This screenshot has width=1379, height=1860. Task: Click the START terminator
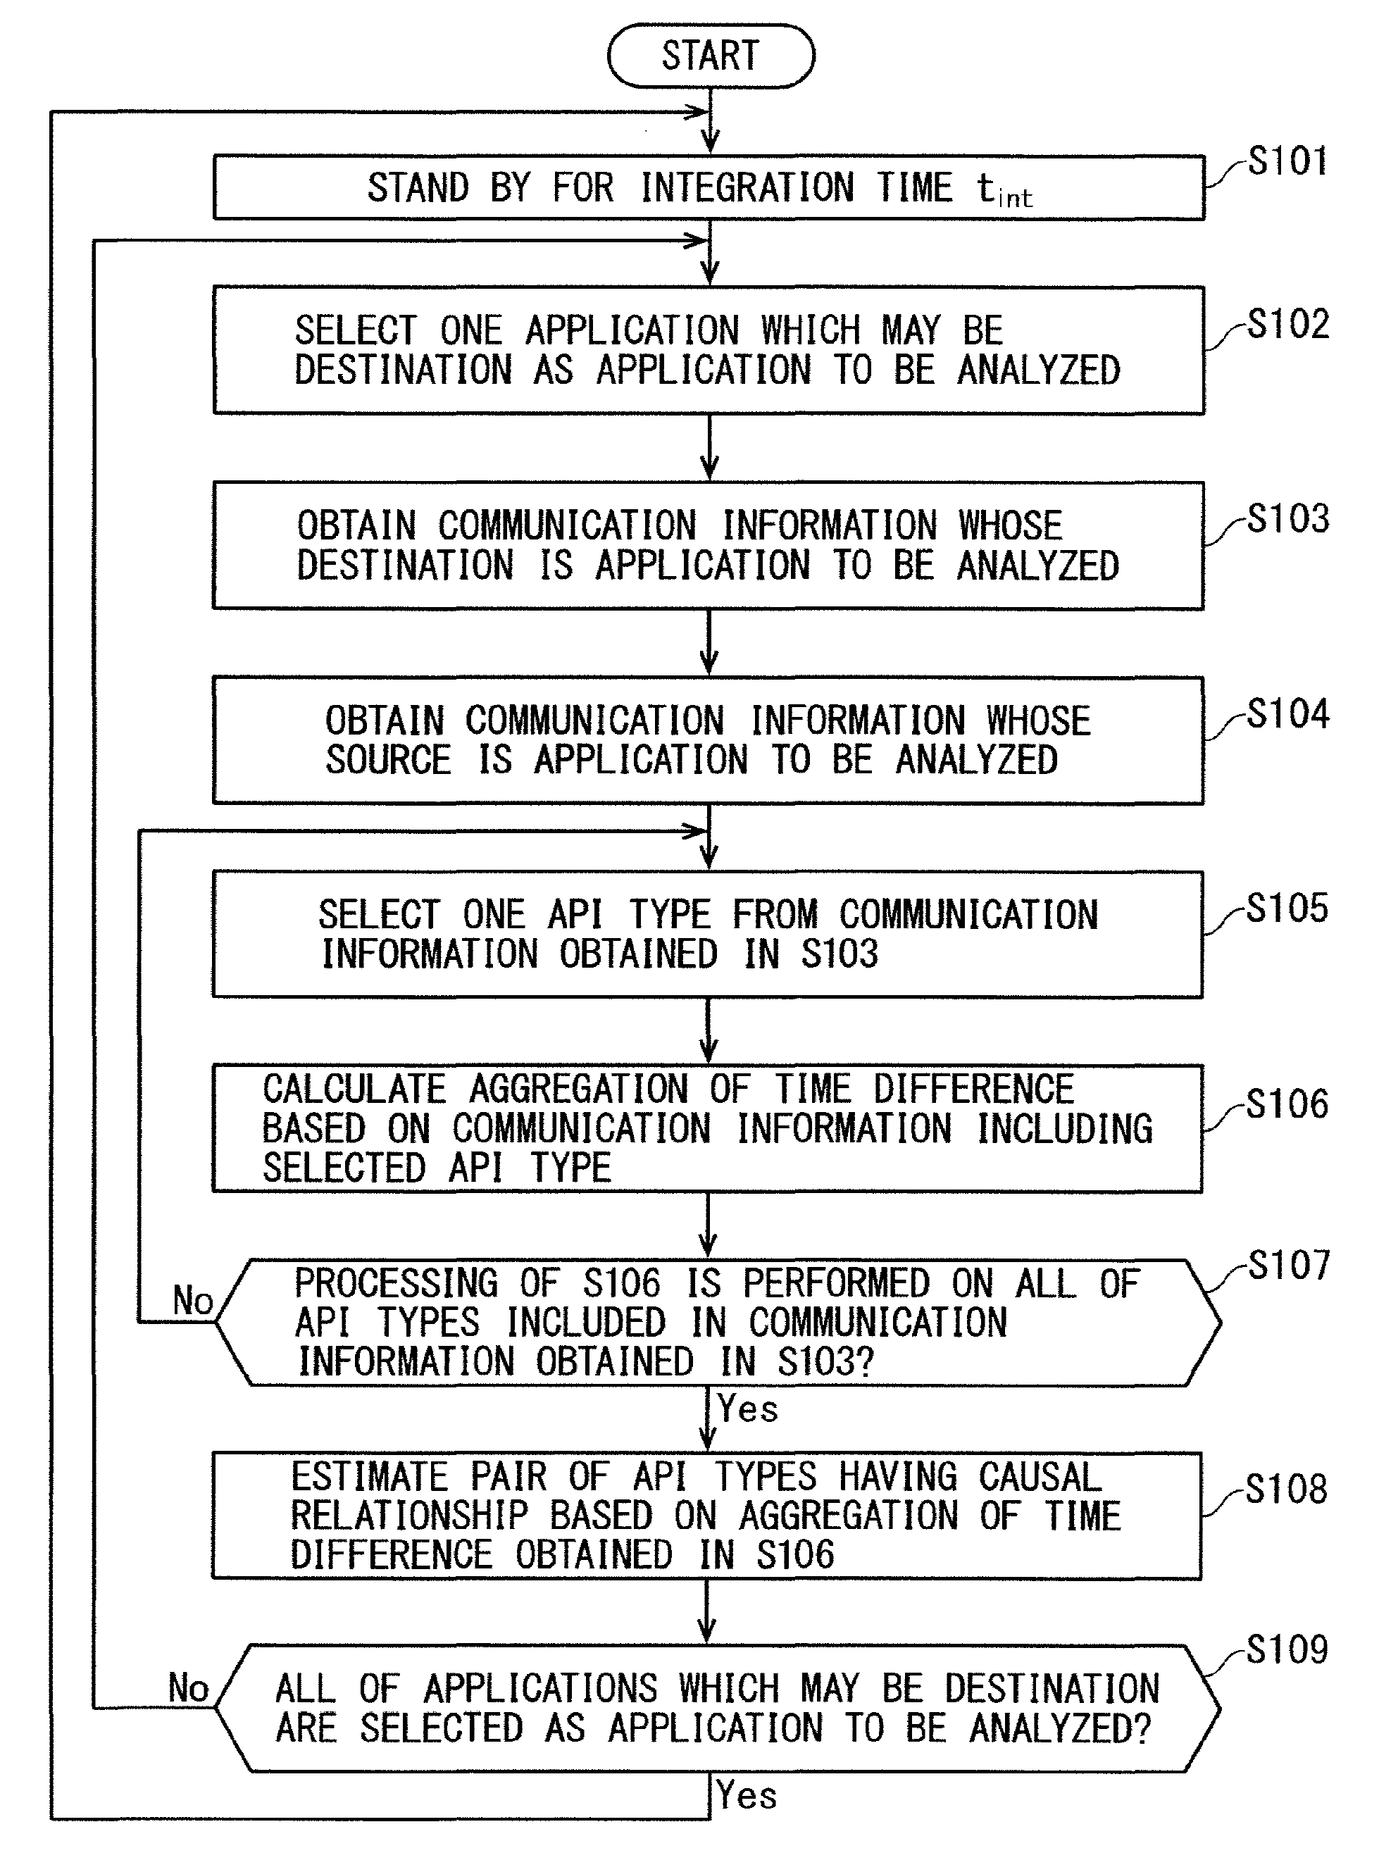pyautogui.click(x=711, y=56)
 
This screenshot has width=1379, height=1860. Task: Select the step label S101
pyautogui.click(x=1287, y=161)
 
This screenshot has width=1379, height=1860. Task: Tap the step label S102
pyautogui.click(x=1288, y=324)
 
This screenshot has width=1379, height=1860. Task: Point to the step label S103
pyautogui.click(x=1288, y=518)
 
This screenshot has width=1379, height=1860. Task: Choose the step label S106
pyautogui.click(x=1287, y=1104)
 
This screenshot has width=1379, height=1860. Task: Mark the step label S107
pyautogui.click(x=1289, y=1265)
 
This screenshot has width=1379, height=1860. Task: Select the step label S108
pyautogui.click(x=1286, y=1489)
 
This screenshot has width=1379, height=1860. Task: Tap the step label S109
pyautogui.click(x=1287, y=1649)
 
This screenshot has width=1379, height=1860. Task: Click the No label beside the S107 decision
pyautogui.click(x=193, y=1300)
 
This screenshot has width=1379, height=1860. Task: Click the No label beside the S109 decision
pyautogui.click(x=189, y=1687)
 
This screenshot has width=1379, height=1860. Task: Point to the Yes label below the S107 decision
pyautogui.click(x=748, y=1409)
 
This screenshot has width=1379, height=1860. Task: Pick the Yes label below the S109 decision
pyautogui.click(x=747, y=1796)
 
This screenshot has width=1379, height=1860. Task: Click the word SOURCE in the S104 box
pyautogui.click(x=389, y=760)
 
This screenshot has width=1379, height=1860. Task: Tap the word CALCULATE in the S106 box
pyautogui.click(x=355, y=1089)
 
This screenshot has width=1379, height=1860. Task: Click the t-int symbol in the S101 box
pyautogui.click(x=1005, y=190)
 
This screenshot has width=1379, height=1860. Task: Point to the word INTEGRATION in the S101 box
pyautogui.click(x=748, y=187)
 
